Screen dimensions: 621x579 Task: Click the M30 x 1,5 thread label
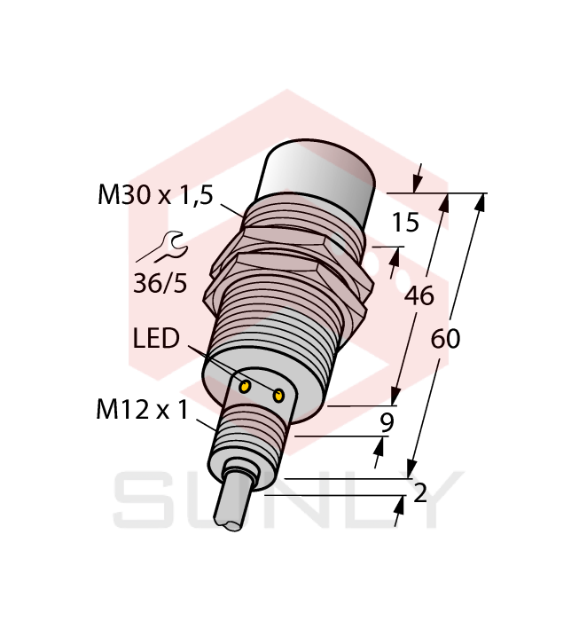(x=155, y=196)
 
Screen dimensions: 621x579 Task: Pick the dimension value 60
(x=445, y=339)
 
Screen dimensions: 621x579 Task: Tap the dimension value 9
(x=386, y=423)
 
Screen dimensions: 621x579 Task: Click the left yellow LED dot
(x=245, y=384)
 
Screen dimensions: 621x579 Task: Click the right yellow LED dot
(x=280, y=396)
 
